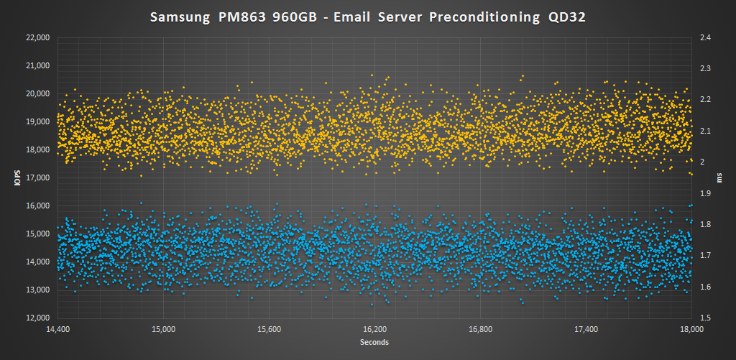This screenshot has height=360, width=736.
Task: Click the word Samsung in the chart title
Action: tap(180, 18)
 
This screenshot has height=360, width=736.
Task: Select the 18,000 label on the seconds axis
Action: tap(691, 329)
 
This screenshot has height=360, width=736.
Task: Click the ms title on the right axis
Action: tap(719, 177)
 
